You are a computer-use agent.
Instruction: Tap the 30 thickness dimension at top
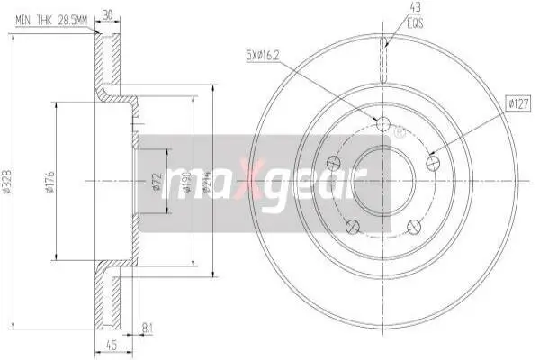coord(108,14)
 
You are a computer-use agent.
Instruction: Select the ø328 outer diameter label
coord(6,180)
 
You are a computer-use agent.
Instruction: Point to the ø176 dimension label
coord(50,182)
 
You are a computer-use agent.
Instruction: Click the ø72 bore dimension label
coord(157,182)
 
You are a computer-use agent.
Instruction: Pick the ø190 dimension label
coord(186,182)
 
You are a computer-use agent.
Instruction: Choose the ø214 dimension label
coord(207,182)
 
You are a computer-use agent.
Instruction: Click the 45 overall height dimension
coord(112,345)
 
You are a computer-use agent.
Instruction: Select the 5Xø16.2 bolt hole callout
coord(262,55)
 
